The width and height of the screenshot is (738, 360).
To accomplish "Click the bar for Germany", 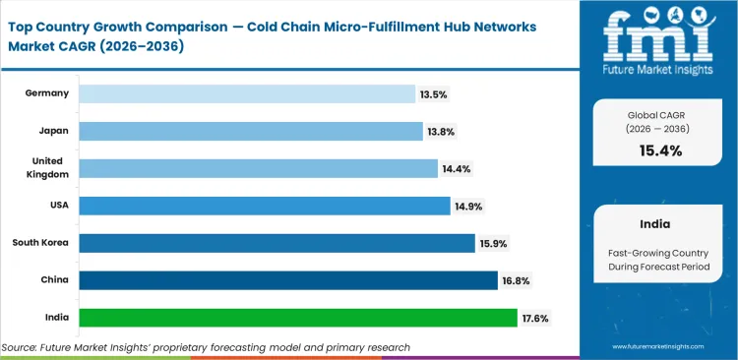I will pyautogui.click(x=246, y=93).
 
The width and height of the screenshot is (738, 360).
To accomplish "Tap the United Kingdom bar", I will pyautogui.click(x=258, y=168).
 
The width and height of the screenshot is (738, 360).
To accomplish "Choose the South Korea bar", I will pyautogui.click(x=277, y=243).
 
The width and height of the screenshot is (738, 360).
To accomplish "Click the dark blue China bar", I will pyautogui.click(x=287, y=280).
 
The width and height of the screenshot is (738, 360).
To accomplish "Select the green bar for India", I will pyautogui.click(x=297, y=318).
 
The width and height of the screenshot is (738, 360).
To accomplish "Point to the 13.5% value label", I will pyautogui.click(x=435, y=93).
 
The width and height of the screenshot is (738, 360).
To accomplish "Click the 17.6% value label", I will pyautogui.click(x=537, y=318).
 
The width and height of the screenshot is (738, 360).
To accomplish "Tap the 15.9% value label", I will pyautogui.click(x=494, y=243).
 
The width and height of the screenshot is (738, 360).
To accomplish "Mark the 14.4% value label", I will pyautogui.click(x=458, y=168).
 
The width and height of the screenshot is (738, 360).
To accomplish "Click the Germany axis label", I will pyautogui.click(x=45, y=93).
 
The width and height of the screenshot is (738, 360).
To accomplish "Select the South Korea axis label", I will pyautogui.click(x=39, y=243).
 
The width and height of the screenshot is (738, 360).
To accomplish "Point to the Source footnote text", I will pyautogui.click(x=206, y=347).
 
